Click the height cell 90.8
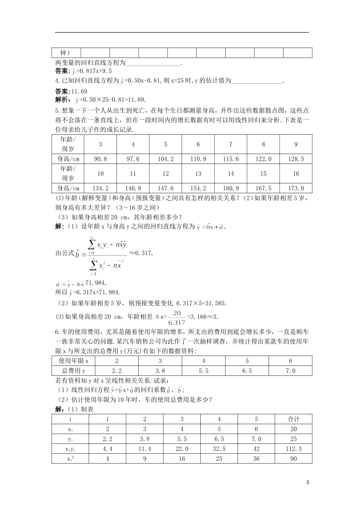pos(100,159)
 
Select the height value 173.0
pos(296,188)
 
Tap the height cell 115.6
pos(231,159)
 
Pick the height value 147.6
pos(166,188)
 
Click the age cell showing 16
pos(296,174)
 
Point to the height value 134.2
pos(100,188)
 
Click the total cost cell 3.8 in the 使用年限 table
pos(160,370)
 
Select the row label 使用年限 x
pos(73,361)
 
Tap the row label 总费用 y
pos(73,370)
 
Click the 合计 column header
pos(293,419)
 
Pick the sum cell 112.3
pos(293,448)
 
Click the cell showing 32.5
pos(219,448)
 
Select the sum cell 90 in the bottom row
pos(293,458)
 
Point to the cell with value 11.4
pos(144,448)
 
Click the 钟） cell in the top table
pos(66,53)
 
